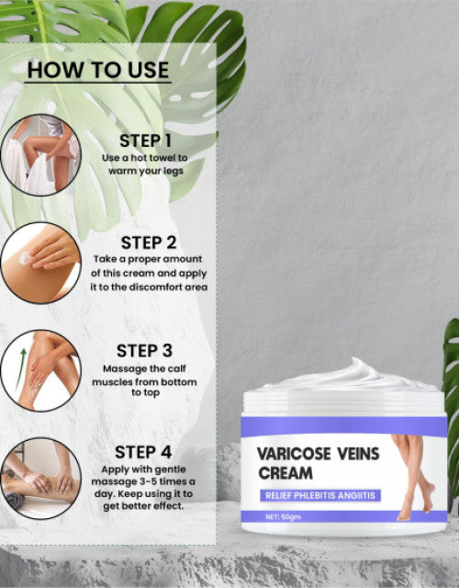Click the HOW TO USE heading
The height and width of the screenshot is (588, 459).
coord(98,70)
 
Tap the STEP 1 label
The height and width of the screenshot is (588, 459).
coord(145,141)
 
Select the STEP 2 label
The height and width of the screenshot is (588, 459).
coord(149,243)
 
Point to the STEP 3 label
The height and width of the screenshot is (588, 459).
coord(144,351)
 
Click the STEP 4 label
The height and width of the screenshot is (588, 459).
coord(143,452)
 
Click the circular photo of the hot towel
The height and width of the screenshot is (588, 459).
coord(40,155)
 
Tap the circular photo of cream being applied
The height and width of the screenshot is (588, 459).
coord(40,263)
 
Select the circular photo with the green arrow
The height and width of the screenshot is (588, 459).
coord(40,371)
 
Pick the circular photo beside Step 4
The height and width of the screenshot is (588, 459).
coord(40,479)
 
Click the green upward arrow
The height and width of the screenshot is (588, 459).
coord(20,368)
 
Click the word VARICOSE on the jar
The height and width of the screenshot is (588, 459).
coord(294,454)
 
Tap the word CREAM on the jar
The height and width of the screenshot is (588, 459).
coord(285,473)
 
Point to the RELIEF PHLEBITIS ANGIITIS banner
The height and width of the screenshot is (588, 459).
coord(320,495)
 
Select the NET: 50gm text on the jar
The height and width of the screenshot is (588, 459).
coord(284,516)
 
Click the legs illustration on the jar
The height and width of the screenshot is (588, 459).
coord(413,478)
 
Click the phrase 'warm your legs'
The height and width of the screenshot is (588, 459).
coord(146,171)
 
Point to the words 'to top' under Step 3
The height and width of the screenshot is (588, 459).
coord(145,392)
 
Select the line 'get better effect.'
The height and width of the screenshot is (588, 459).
coord(143,506)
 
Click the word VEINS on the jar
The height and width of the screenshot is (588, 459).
coord(359,454)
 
